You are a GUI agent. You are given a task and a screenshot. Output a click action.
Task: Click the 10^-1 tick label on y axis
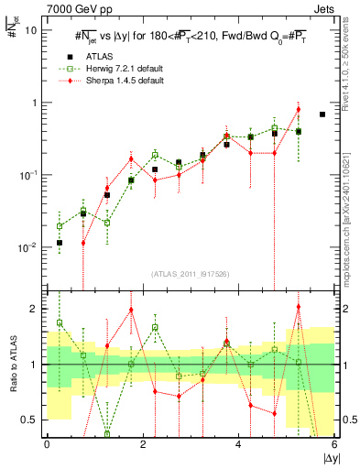coord(27,175)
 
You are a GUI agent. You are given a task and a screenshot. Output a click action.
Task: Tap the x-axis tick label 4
coord(239,446)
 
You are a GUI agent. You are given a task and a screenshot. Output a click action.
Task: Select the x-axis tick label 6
coord(335,446)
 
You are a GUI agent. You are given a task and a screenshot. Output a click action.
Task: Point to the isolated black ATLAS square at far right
coord(322,115)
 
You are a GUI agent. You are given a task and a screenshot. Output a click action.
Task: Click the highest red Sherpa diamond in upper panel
coord(299,110)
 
